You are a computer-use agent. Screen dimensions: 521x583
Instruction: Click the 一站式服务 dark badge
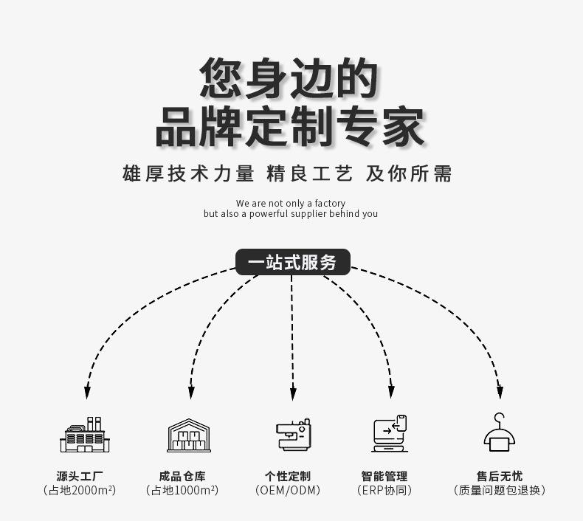pyautogui.click(x=292, y=263)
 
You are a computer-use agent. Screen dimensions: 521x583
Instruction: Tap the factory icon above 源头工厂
pyautogui.click(x=84, y=435)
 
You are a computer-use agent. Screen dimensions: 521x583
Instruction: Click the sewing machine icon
pyautogui.click(x=293, y=435)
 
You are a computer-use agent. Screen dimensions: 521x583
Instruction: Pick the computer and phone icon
pyautogui.click(x=390, y=434)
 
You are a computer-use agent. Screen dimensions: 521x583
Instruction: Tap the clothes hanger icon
pyautogui.click(x=500, y=433)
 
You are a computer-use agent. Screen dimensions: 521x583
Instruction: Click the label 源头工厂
pyautogui.click(x=80, y=476)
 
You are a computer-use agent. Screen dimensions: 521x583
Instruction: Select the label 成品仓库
pyautogui.click(x=182, y=476)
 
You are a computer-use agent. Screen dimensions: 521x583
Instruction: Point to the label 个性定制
pyautogui.click(x=288, y=476)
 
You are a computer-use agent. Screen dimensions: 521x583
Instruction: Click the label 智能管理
pyautogui.click(x=384, y=476)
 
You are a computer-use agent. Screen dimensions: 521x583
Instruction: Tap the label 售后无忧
pyautogui.click(x=500, y=476)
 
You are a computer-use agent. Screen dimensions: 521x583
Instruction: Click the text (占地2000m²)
pyautogui.click(x=80, y=491)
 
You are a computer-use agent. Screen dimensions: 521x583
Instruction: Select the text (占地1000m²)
pyautogui.click(x=182, y=491)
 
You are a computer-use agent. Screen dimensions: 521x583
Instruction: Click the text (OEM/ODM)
pyautogui.click(x=288, y=491)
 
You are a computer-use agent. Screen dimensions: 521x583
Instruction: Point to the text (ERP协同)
pyautogui.click(x=384, y=491)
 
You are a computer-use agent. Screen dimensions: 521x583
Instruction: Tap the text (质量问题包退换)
pyautogui.click(x=500, y=491)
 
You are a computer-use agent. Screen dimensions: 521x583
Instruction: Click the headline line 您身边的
pyautogui.click(x=289, y=78)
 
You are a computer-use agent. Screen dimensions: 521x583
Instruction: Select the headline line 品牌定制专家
pyautogui.click(x=290, y=126)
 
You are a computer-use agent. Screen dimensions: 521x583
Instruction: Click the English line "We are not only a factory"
pyautogui.click(x=290, y=203)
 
